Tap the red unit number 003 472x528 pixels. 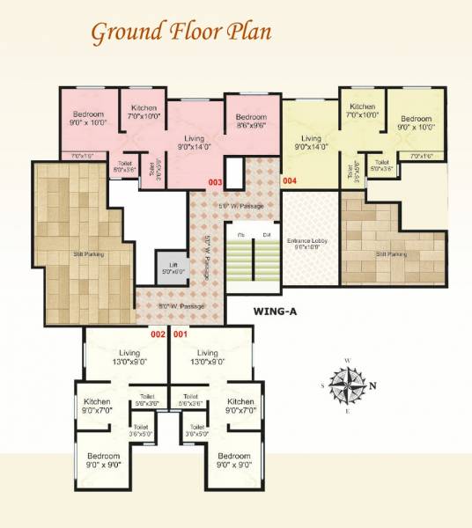click(x=215, y=182)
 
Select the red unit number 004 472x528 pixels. click(x=290, y=181)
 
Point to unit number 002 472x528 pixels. click(x=158, y=334)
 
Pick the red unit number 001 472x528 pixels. click(x=181, y=334)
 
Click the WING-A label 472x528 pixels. click(x=278, y=312)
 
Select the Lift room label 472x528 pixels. click(x=167, y=267)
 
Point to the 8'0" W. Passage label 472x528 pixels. click(x=182, y=306)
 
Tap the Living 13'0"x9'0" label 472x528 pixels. click(x=208, y=356)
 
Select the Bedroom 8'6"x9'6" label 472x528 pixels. click(x=251, y=121)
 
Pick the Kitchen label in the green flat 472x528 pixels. click(x=362, y=111)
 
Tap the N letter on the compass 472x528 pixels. click(x=372, y=385)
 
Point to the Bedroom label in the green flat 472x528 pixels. click(x=415, y=122)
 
